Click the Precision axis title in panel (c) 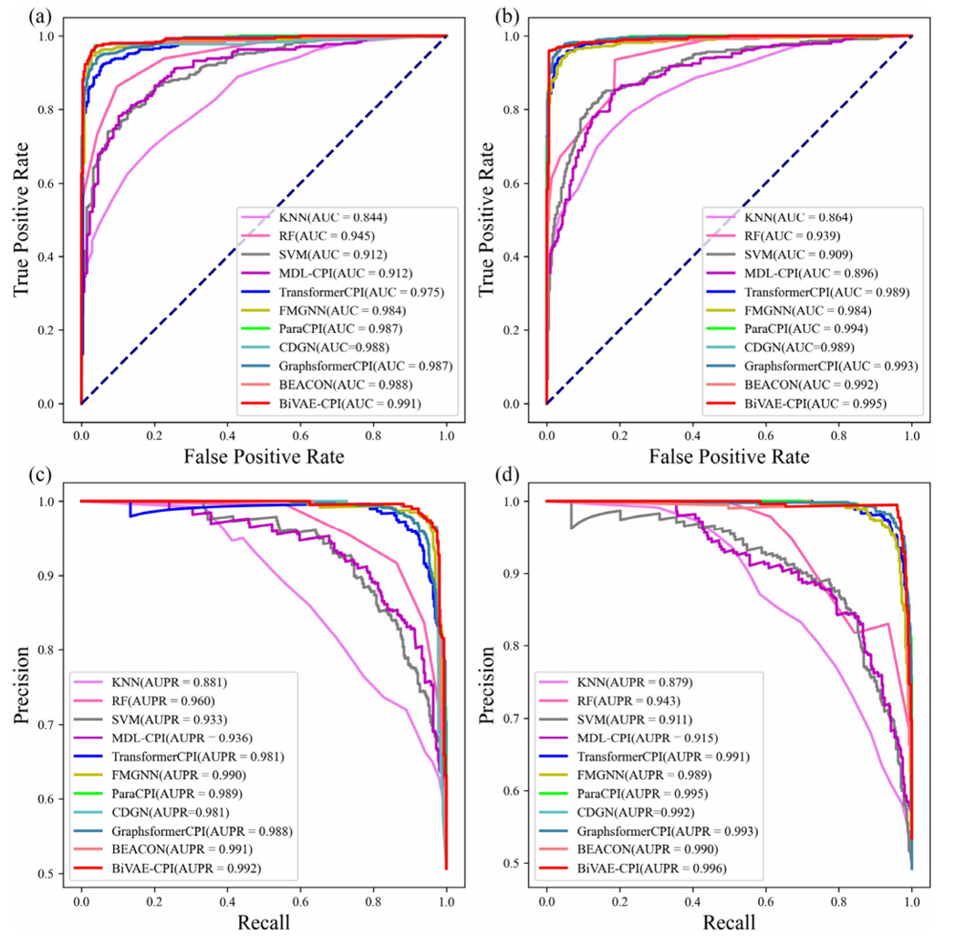pyautogui.click(x=21, y=686)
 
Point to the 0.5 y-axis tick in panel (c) pyautogui.click(x=57, y=873)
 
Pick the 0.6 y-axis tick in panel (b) pyautogui.click(x=522, y=183)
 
